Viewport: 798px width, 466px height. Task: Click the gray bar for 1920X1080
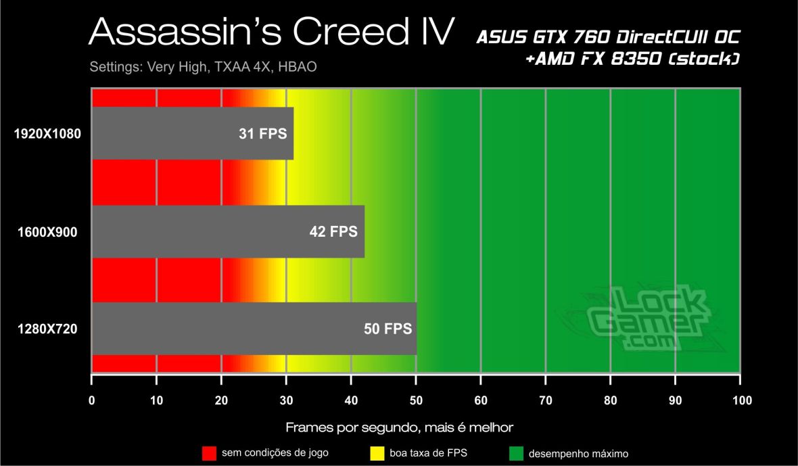pyautogui.click(x=192, y=133)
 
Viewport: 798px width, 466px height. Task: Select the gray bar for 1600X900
pyautogui.click(x=228, y=232)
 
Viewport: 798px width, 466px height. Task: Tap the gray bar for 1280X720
pyautogui.click(x=254, y=329)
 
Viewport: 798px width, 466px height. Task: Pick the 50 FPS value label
pyautogui.click(x=387, y=330)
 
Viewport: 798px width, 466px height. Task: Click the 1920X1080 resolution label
pyautogui.click(x=47, y=134)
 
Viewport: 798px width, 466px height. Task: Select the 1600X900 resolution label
pyautogui.click(x=47, y=232)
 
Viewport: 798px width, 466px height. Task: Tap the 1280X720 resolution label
pyautogui.click(x=47, y=330)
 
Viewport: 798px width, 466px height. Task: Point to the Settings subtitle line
pyautogui.click(x=203, y=68)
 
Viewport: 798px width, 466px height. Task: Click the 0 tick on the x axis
pyautogui.click(x=91, y=400)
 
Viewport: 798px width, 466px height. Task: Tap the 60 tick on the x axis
pyautogui.click(x=481, y=400)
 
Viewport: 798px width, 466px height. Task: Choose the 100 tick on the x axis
pyautogui.click(x=741, y=400)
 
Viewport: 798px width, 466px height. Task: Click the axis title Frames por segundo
pyautogui.click(x=399, y=427)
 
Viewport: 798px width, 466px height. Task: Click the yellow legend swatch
pyautogui.click(x=378, y=452)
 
